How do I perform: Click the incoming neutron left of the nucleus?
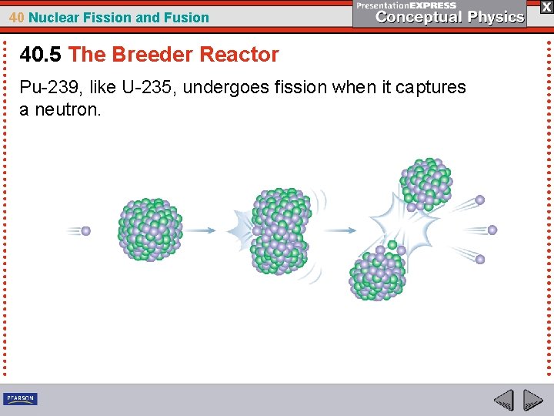86,230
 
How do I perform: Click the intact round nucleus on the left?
150,229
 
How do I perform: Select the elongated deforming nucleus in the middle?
282,231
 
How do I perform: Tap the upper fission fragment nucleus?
425,184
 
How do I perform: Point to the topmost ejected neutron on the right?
480,200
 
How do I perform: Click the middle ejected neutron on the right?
492,230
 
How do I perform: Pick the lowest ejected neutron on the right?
480,260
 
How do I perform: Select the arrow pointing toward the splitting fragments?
339,230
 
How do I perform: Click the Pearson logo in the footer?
20,398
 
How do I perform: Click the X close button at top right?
546,6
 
